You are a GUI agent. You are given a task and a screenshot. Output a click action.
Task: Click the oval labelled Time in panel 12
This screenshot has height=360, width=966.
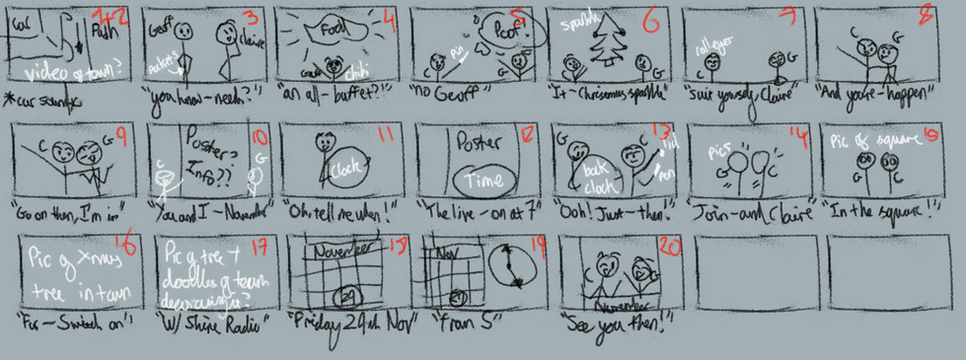tap(482, 179)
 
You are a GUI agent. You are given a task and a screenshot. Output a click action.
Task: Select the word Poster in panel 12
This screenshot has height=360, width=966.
tap(480, 141)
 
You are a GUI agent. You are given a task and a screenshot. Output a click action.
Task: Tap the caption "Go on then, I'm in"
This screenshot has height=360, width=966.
tap(62, 214)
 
